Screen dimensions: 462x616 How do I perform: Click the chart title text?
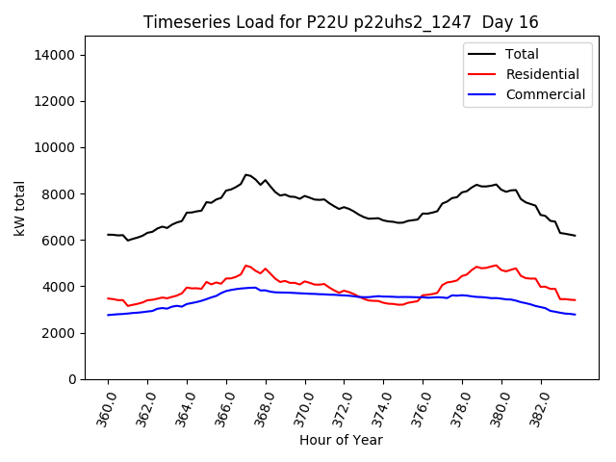coord(341,22)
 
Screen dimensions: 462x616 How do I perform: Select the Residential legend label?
coord(542,75)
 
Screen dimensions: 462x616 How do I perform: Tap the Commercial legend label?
coord(545,95)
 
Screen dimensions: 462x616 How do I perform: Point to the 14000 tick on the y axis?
coord(56,55)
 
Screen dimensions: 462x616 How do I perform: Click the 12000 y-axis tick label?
coord(56,101)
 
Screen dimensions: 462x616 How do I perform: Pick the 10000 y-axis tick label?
coord(56,147)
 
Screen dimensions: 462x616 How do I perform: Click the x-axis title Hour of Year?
coord(341,441)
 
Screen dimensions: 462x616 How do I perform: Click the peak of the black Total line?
coord(246,174)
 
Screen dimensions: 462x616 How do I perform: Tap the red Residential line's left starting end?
coord(108,298)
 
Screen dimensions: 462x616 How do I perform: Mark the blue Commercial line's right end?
coord(576,315)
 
